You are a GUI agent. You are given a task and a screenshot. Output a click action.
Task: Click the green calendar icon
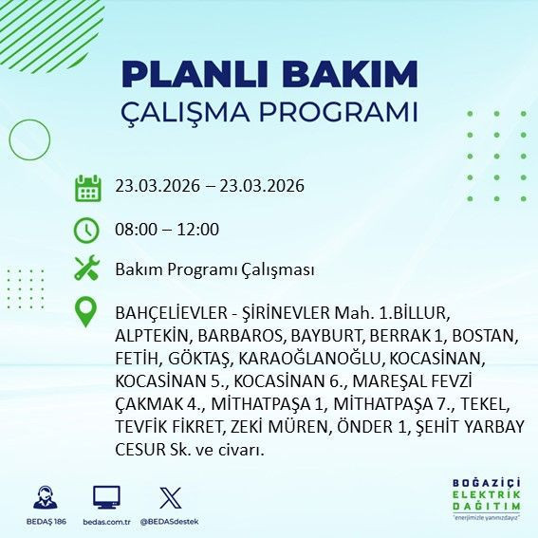pyautogui.click(x=87, y=188)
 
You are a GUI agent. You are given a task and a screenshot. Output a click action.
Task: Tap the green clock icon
pyautogui.click(x=87, y=231)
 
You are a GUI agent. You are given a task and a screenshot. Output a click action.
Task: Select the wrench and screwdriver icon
pyautogui.click(x=87, y=269)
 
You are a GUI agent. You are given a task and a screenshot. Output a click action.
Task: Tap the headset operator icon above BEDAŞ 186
pyautogui.click(x=43, y=497)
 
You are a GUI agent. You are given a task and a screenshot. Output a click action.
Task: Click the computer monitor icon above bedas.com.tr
pyautogui.click(x=106, y=497)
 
